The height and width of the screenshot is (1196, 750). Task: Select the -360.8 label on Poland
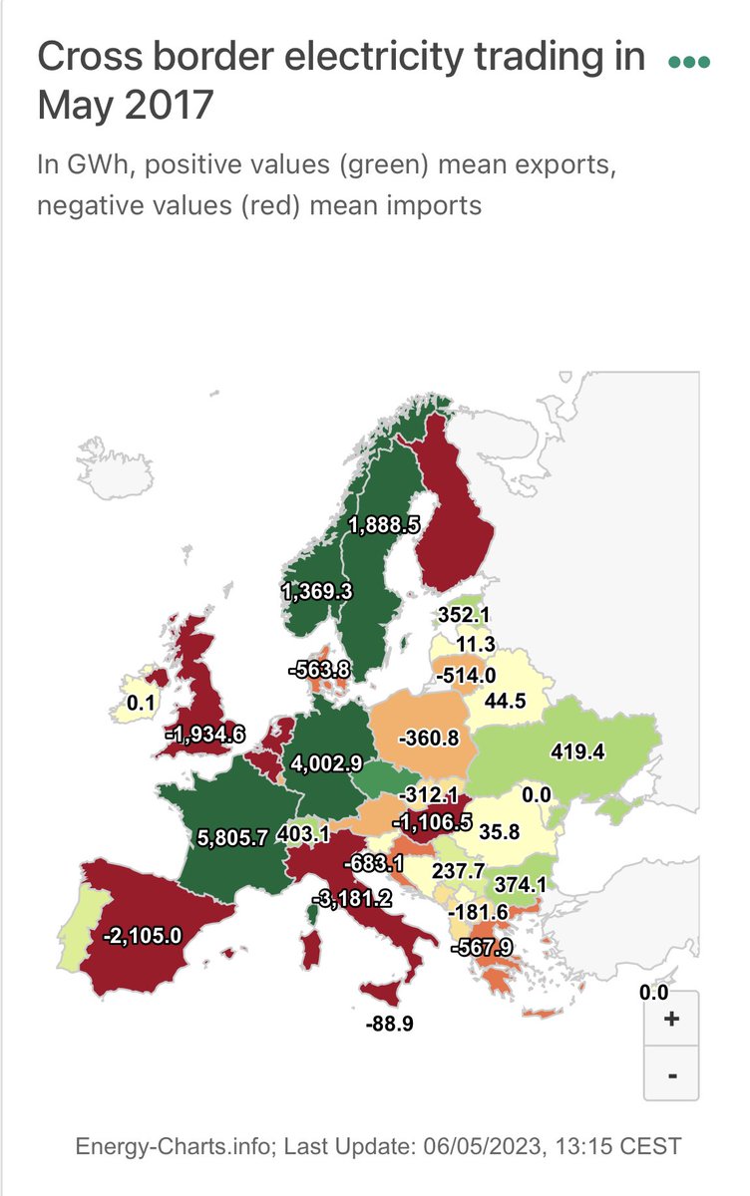(428, 740)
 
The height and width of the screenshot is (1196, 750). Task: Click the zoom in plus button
(671, 1019)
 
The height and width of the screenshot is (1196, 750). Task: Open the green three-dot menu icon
(689, 62)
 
